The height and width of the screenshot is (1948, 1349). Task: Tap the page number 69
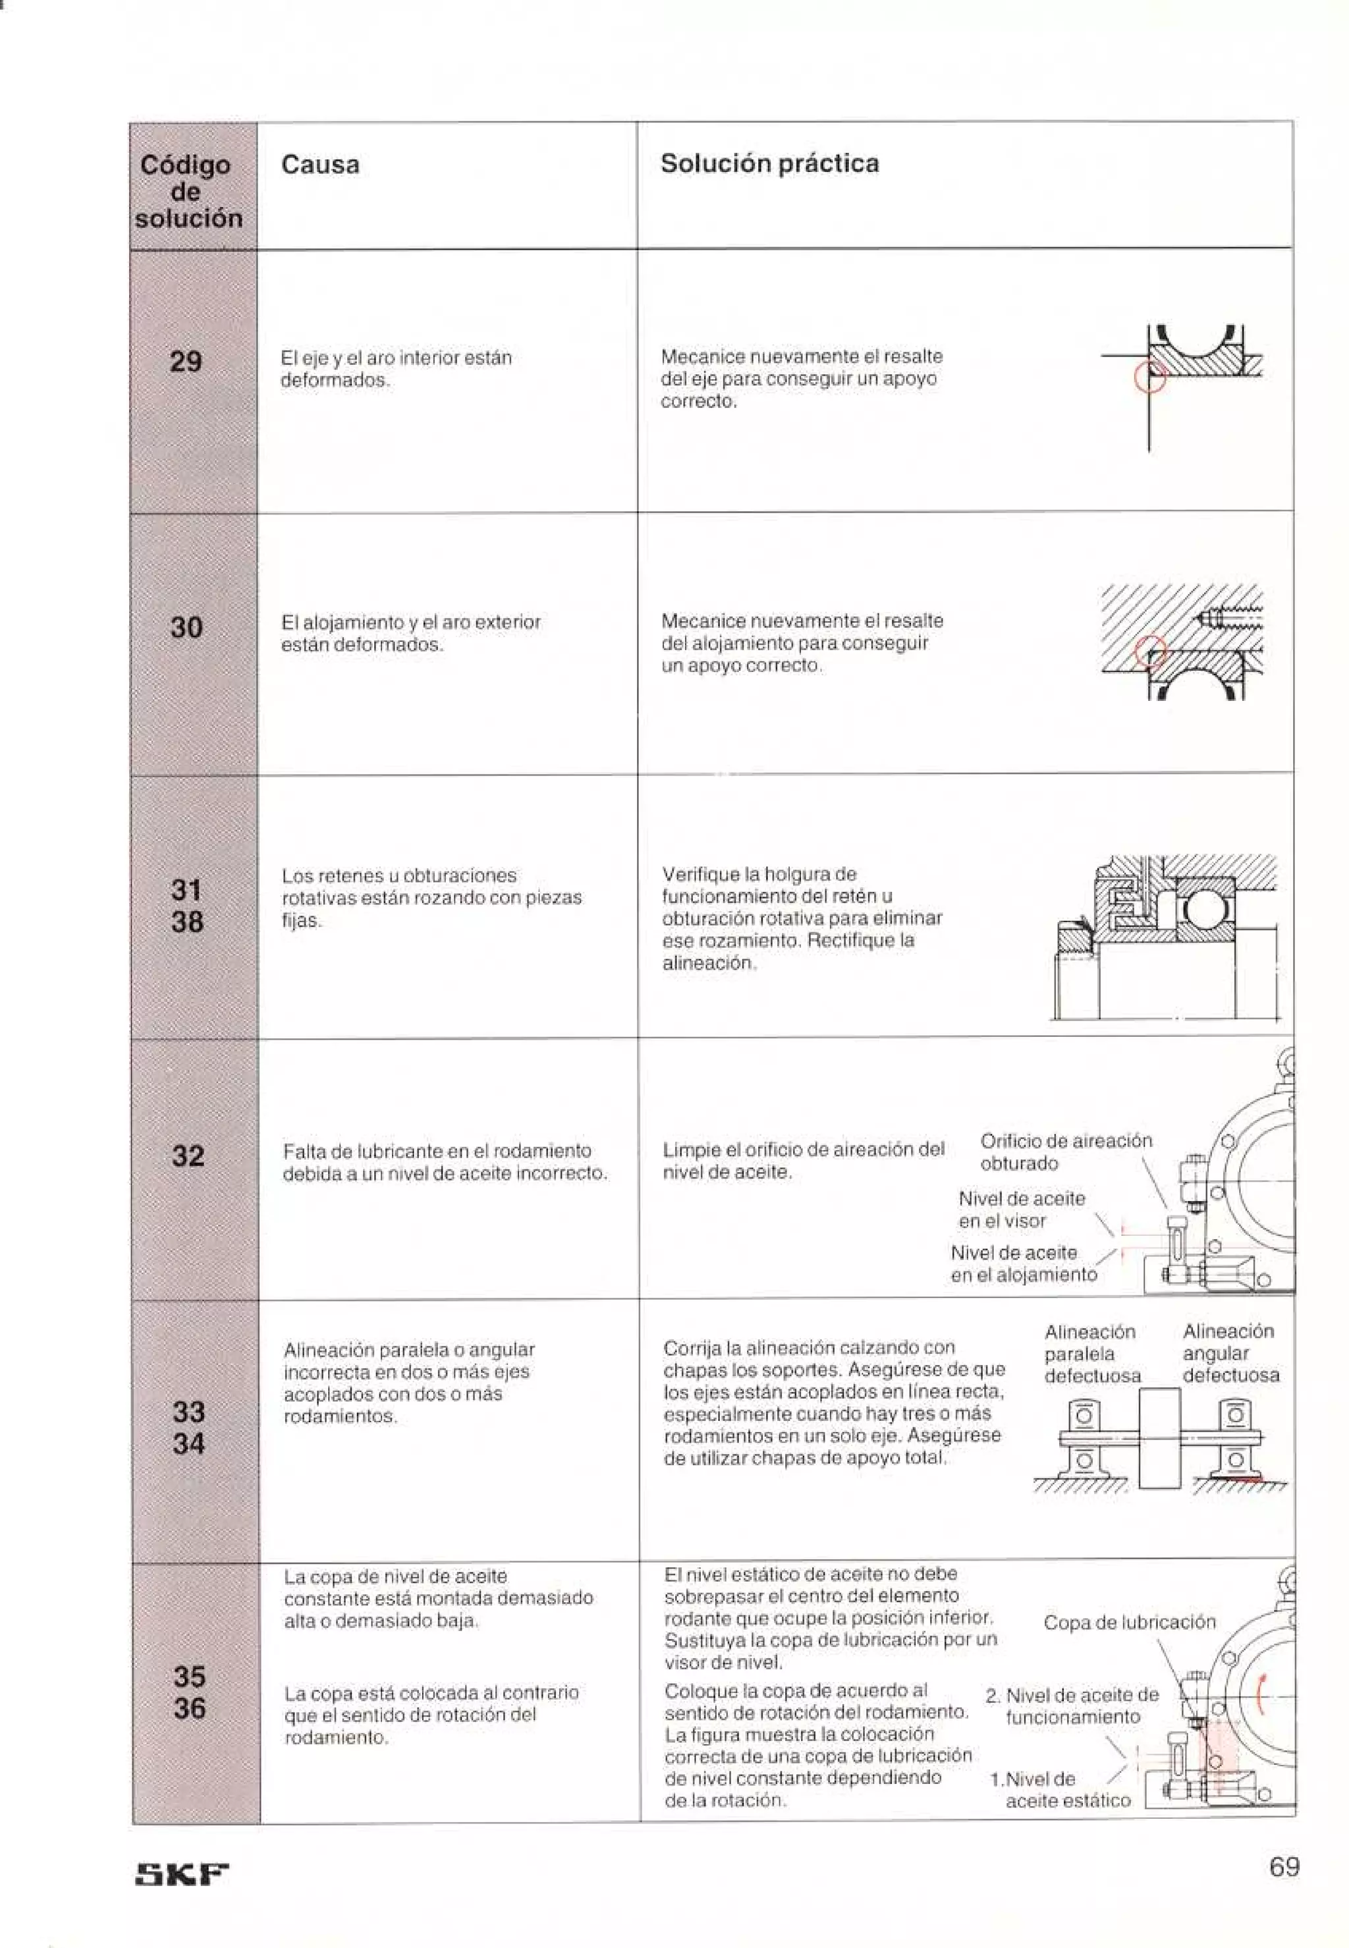click(x=1284, y=1866)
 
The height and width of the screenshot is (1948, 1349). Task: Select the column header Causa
click(x=319, y=164)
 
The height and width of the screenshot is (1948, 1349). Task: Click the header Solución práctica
click(x=769, y=163)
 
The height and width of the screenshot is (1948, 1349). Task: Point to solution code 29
click(x=186, y=362)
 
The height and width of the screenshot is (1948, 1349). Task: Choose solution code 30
click(x=186, y=627)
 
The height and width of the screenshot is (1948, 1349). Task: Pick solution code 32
click(x=188, y=1155)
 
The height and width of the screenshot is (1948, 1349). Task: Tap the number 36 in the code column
click(x=189, y=1708)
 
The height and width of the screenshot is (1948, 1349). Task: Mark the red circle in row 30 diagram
click(x=1149, y=652)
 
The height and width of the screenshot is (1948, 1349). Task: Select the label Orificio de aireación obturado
click(x=1065, y=1152)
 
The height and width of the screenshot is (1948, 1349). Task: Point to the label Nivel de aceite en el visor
click(x=1021, y=1210)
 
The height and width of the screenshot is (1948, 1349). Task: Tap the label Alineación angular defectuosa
click(x=1230, y=1353)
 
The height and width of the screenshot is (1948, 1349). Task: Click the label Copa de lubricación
click(x=1128, y=1623)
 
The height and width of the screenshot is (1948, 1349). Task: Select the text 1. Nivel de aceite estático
click(x=1060, y=1790)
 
